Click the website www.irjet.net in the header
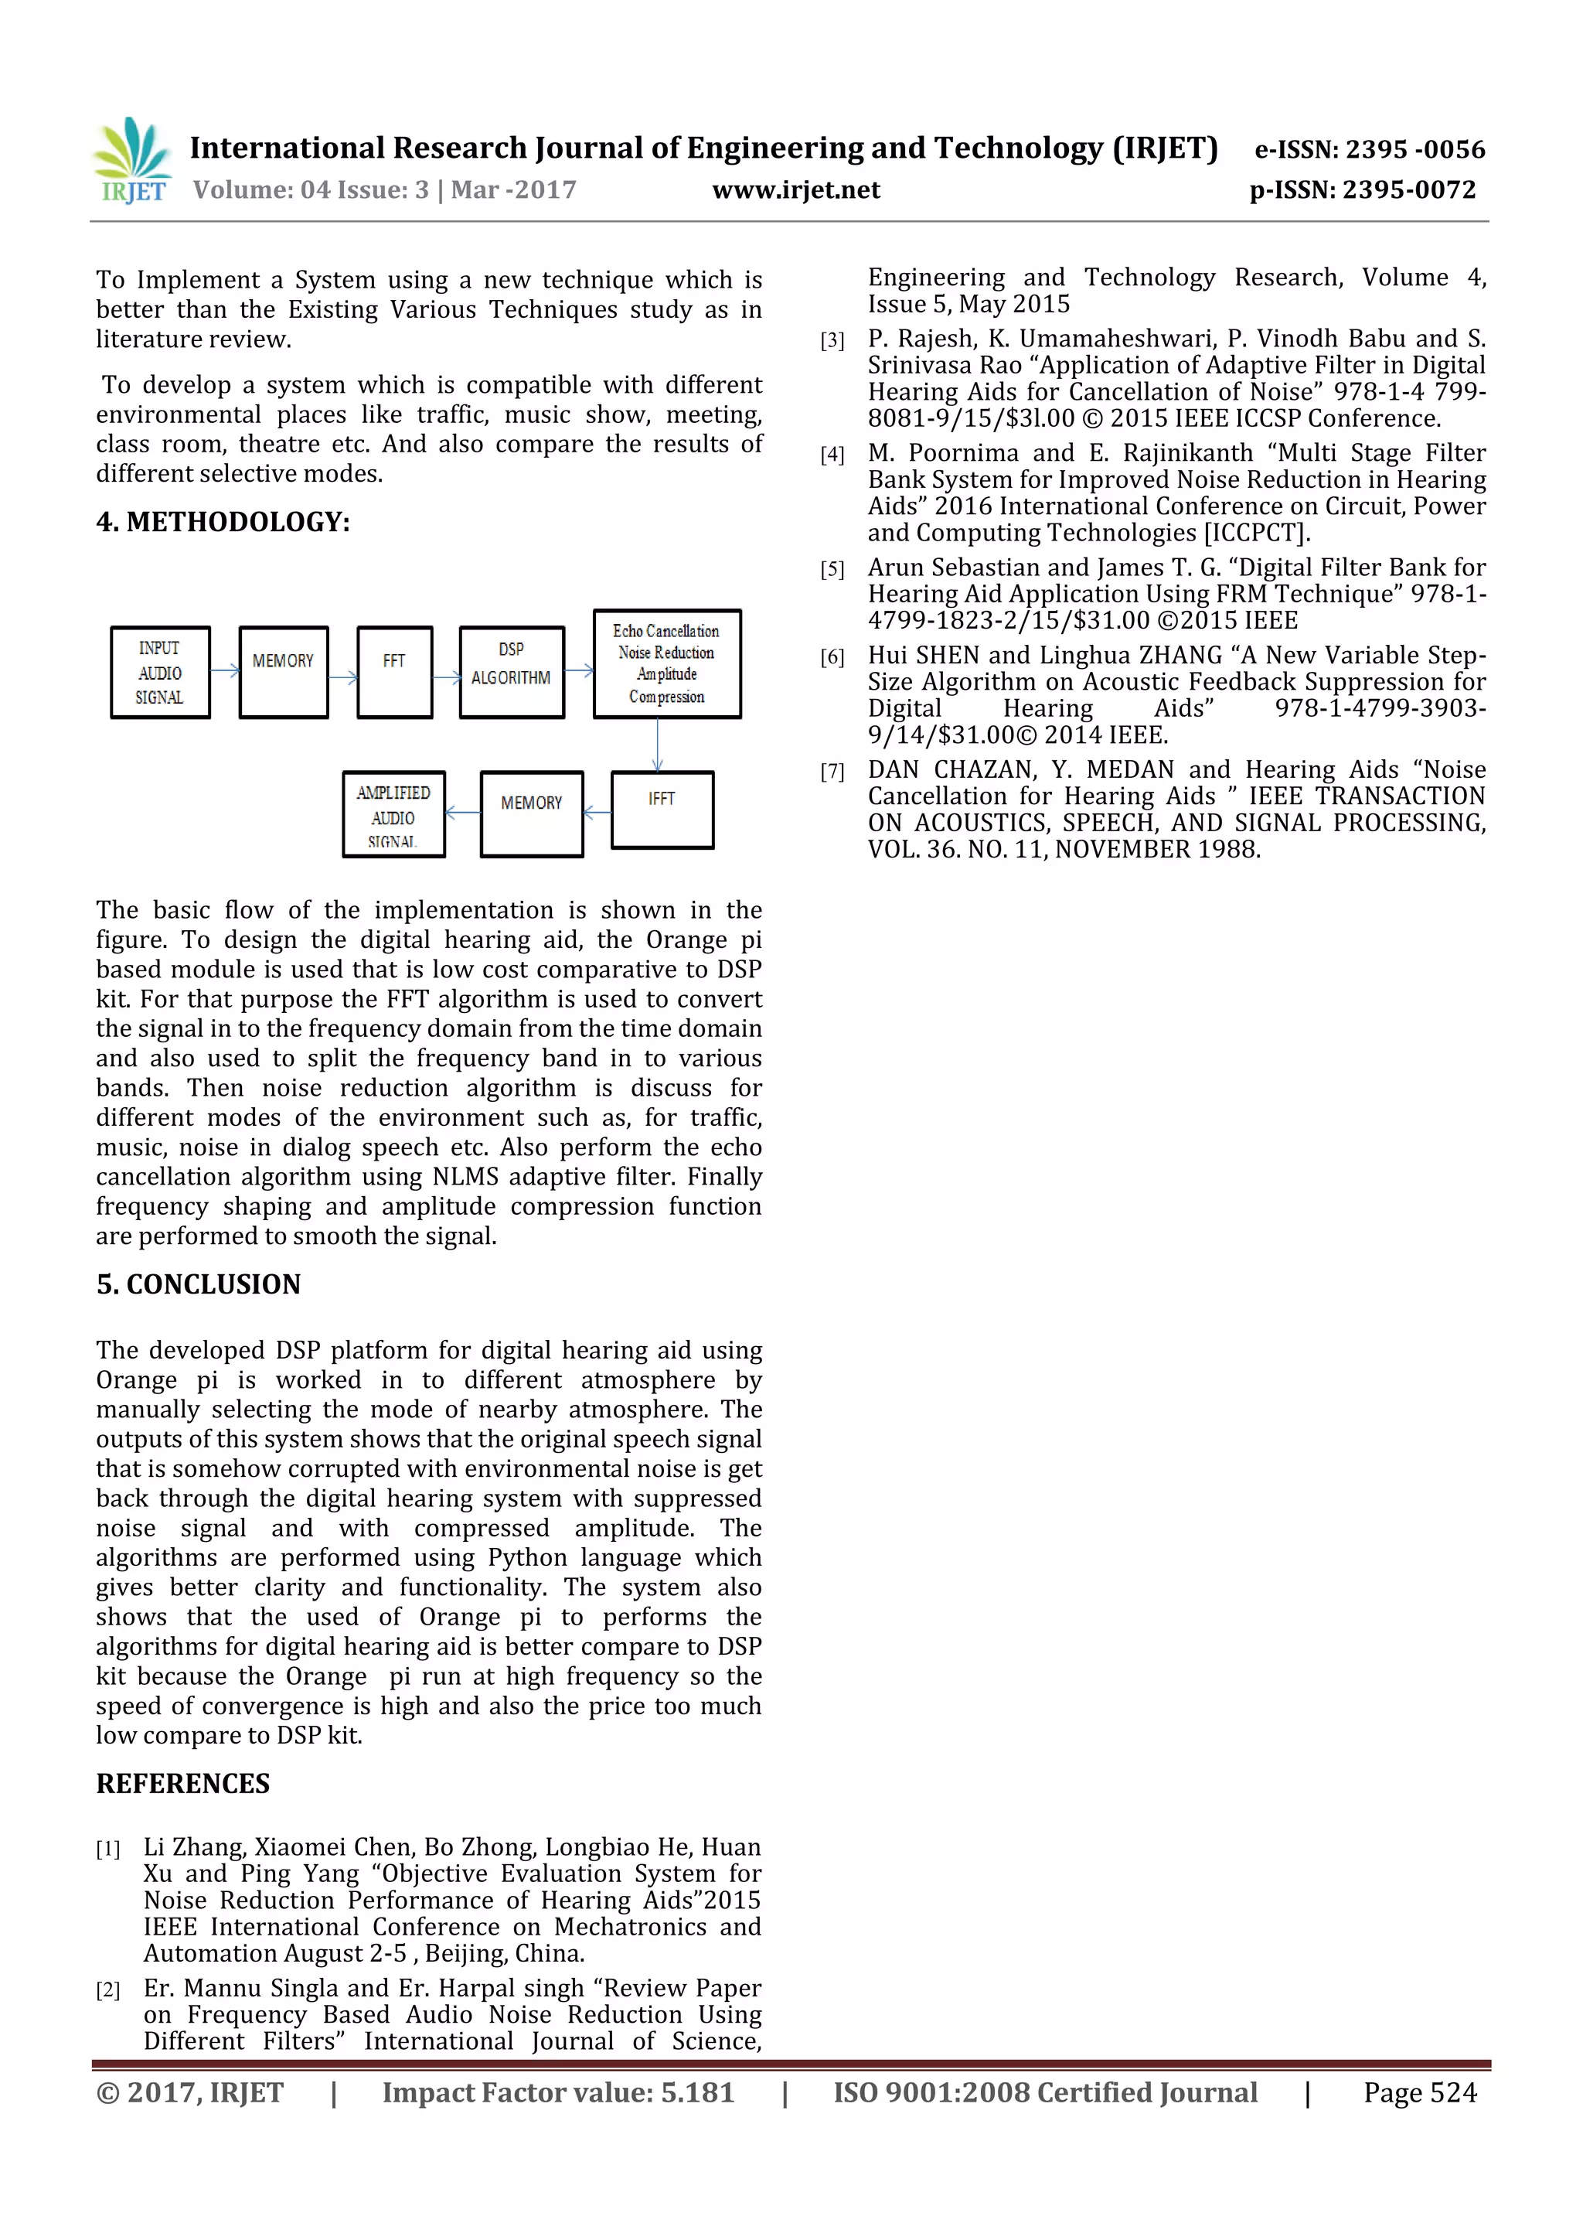[796, 190]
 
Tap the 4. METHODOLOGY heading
[223, 522]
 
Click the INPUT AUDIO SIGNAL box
[160, 672]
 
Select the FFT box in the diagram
[394, 672]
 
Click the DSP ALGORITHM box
[511, 672]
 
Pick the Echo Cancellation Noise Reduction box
[666, 664]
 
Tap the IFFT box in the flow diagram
[662, 810]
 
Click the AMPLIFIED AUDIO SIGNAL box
[393, 815]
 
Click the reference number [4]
[832, 455]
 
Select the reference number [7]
[832, 772]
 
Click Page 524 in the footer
[1419, 2092]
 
